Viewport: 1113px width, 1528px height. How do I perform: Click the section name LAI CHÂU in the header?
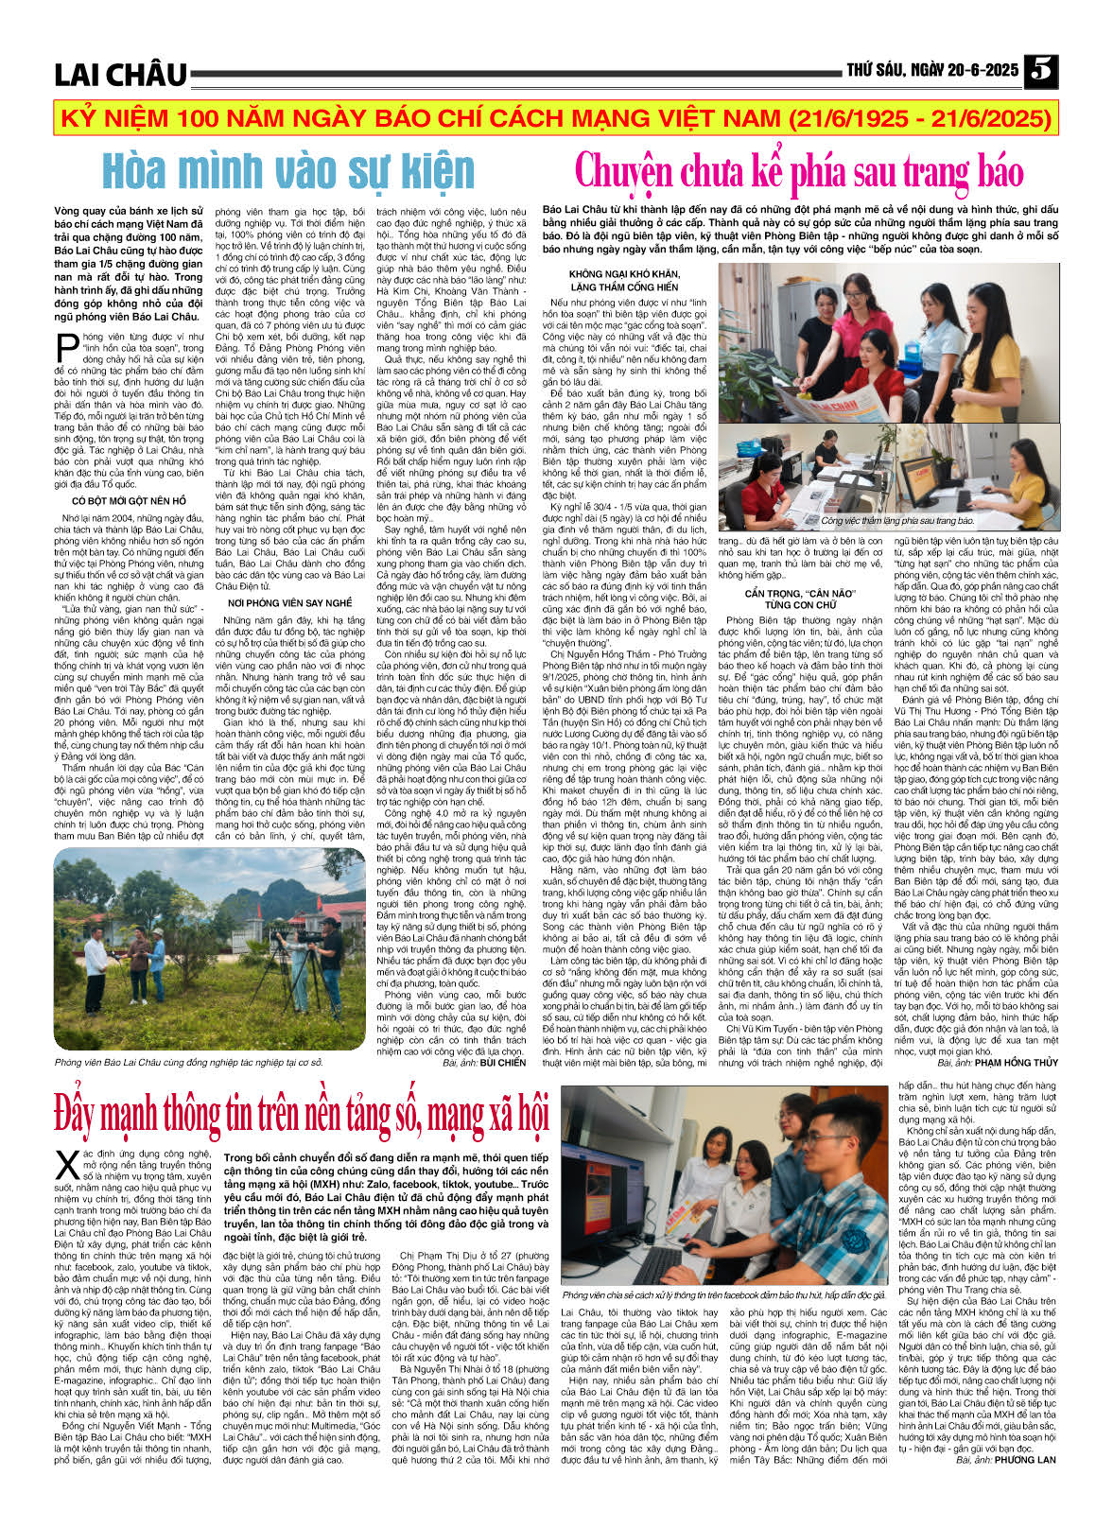tap(120, 75)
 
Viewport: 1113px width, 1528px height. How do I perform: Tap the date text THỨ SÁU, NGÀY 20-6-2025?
tap(931, 71)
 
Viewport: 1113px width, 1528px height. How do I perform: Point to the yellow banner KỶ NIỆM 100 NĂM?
tap(556, 120)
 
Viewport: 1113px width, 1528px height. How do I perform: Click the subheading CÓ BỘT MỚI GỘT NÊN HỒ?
tap(130, 501)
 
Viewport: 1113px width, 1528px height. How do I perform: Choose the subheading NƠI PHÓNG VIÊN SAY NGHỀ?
tap(289, 602)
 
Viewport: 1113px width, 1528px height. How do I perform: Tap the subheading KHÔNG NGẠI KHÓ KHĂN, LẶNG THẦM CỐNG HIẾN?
tap(624, 280)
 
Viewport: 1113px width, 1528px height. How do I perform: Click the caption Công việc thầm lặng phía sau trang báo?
tap(896, 520)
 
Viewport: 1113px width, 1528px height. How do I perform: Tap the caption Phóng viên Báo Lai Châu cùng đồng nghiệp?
tap(189, 1063)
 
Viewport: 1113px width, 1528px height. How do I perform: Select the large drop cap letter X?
tap(67, 1164)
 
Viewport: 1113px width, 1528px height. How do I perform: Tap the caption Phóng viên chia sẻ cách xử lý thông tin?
tap(723, 1294)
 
